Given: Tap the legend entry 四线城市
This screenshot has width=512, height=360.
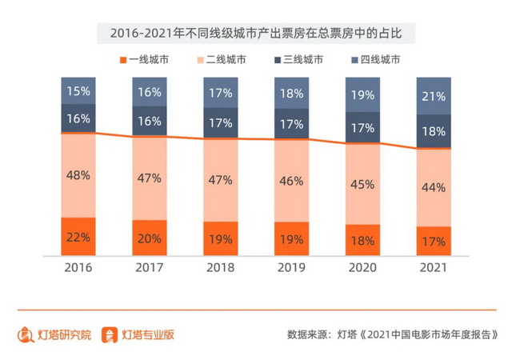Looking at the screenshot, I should pos(375,59).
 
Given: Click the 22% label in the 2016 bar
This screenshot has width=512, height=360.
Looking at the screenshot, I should pos(78,238).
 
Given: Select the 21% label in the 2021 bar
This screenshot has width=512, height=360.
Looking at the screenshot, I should pos(433,97).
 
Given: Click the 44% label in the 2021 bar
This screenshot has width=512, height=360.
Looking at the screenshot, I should pos(433,188).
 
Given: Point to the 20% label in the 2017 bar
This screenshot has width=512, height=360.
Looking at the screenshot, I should pos(150,238).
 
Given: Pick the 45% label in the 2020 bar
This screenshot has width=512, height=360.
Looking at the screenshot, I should pos(362,184).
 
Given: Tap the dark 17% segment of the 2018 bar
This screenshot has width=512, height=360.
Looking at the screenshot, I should pos(220,124).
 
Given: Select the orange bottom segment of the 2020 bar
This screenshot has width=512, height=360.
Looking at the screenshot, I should pos(362,240).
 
